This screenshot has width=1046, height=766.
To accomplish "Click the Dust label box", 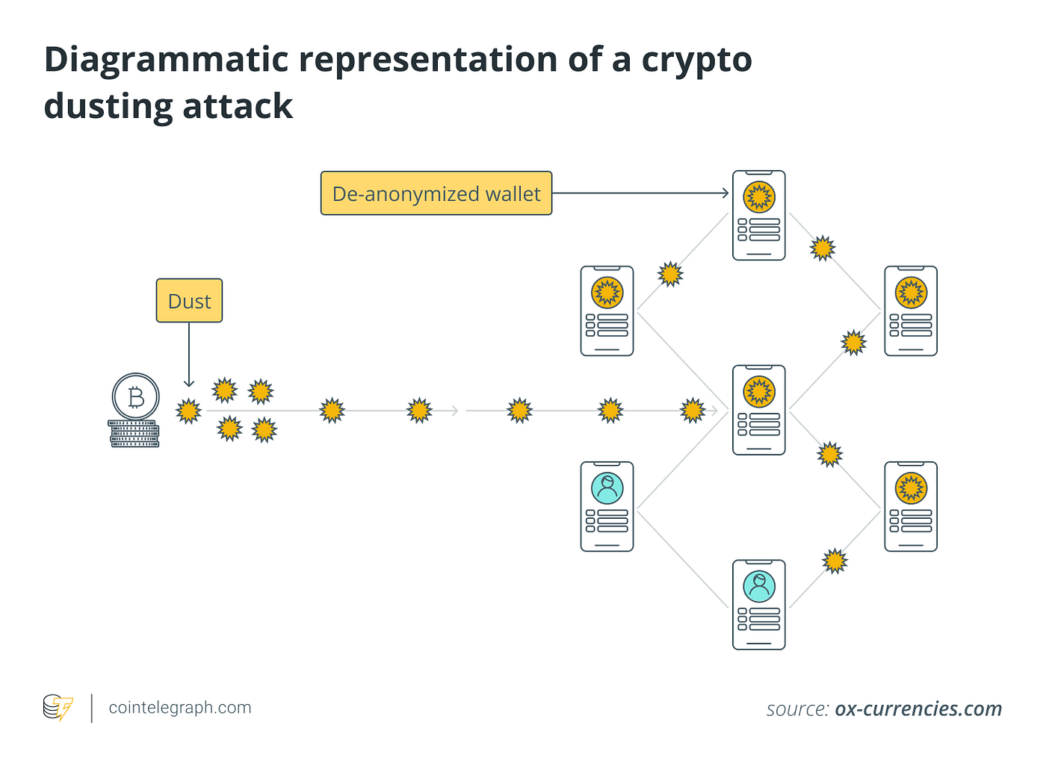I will point(189,301).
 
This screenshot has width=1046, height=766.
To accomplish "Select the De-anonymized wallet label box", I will point(436,193).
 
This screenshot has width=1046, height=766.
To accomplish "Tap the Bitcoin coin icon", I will point(135,396).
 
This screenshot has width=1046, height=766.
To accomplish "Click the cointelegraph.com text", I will point(180,708).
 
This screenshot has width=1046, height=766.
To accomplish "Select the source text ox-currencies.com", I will point(917,709).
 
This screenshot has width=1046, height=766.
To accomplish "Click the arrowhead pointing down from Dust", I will point(189,382).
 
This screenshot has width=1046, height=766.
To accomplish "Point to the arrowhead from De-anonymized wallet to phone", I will point(724,193).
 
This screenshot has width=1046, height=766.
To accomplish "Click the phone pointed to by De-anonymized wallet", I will point(758,216).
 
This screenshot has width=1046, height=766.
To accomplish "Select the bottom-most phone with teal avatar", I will point(758,605).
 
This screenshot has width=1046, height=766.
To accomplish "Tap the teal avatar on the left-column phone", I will point(607,488).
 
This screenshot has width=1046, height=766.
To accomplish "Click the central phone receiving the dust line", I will point(758,410).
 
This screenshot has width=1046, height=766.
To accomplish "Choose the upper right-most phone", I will point(910,311).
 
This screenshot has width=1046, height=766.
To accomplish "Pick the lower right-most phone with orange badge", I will point(910,506).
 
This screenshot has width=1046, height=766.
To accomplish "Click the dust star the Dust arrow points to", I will point(188,411).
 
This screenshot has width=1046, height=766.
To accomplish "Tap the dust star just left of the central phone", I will point(693,411).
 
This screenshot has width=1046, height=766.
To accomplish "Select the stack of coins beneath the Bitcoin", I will point(134,434).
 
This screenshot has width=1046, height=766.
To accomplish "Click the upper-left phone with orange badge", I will point(607,311).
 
